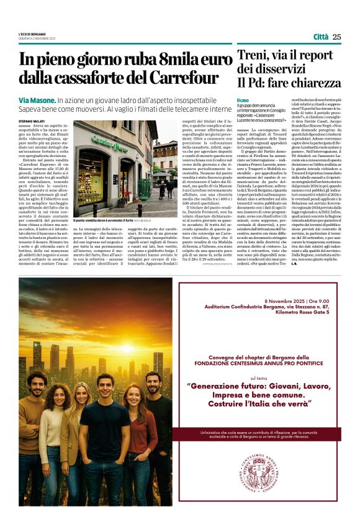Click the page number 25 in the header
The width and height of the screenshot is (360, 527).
336,37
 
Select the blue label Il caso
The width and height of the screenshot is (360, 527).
243,100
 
